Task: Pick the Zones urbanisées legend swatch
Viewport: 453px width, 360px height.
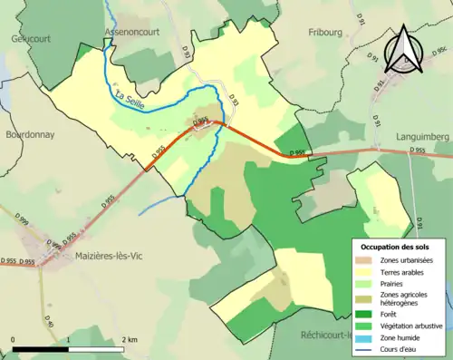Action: (x=367, y=259)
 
